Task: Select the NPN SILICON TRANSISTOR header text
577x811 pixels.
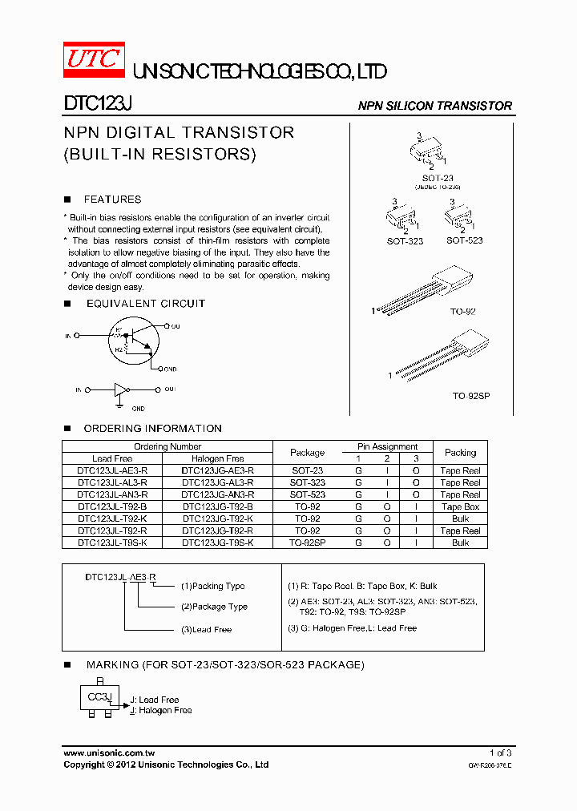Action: point(434,106)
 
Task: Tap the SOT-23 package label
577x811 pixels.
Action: point(438,178)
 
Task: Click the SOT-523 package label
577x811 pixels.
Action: point(464,240)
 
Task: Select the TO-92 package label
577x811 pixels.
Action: point(464,311)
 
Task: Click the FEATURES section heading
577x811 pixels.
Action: point(112,200)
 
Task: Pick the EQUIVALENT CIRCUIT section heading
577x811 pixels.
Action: point(145,304)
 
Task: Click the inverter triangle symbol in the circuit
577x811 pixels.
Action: point(120,390)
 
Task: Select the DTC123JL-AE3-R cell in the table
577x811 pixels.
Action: point(112,471)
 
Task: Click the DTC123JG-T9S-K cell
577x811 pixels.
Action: point(217,543)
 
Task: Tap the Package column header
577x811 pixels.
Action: point(307,453)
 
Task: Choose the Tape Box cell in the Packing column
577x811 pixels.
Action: point(460,507)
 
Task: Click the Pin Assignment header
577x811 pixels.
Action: point(387,446)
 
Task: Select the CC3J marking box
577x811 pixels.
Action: point(99,697)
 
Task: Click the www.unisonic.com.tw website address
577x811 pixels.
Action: point(109,753)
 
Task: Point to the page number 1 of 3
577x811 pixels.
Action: point(500,753)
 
